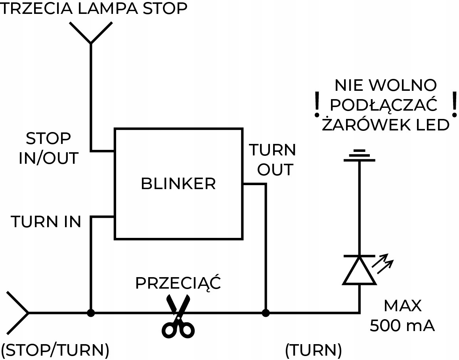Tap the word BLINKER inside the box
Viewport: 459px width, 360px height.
pos(178,184)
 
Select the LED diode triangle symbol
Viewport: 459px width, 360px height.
pos(360,270)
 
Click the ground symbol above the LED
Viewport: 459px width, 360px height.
pos(360,155)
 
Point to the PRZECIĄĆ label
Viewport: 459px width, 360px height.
pos(178,283)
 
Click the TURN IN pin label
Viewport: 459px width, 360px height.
pos(46,222)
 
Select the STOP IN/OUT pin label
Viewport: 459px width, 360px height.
pos(49,149)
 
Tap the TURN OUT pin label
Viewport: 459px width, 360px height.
pos(272,160)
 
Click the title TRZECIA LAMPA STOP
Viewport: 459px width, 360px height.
pos(94,8)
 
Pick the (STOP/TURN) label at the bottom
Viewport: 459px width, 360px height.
pos(55,350)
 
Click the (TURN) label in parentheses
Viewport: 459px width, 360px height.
pos(313,350)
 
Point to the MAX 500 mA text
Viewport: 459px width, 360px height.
pos(402,316)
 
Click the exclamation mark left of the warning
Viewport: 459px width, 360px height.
pos(316,104)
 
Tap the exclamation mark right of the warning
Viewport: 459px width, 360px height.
pos(454,104)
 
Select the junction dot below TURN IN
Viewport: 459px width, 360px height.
pos(91,313)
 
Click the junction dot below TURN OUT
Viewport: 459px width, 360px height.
pos(265,313)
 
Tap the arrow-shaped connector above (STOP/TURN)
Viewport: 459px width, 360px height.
pos(18,313)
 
